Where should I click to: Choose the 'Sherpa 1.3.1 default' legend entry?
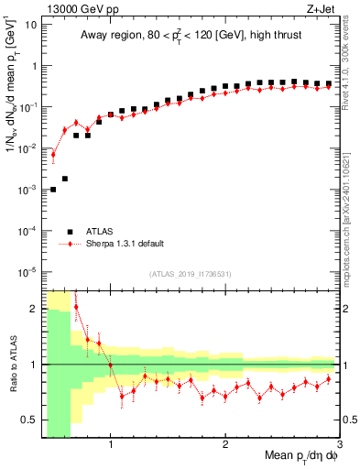[128, 245]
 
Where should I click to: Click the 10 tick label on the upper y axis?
[29, 24]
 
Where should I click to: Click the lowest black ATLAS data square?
[53, 190]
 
